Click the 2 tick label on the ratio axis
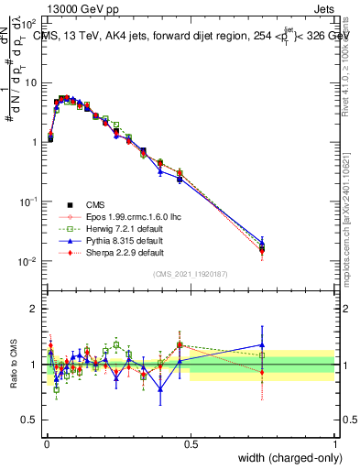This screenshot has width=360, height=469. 34,309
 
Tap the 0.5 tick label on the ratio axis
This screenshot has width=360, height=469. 29,420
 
